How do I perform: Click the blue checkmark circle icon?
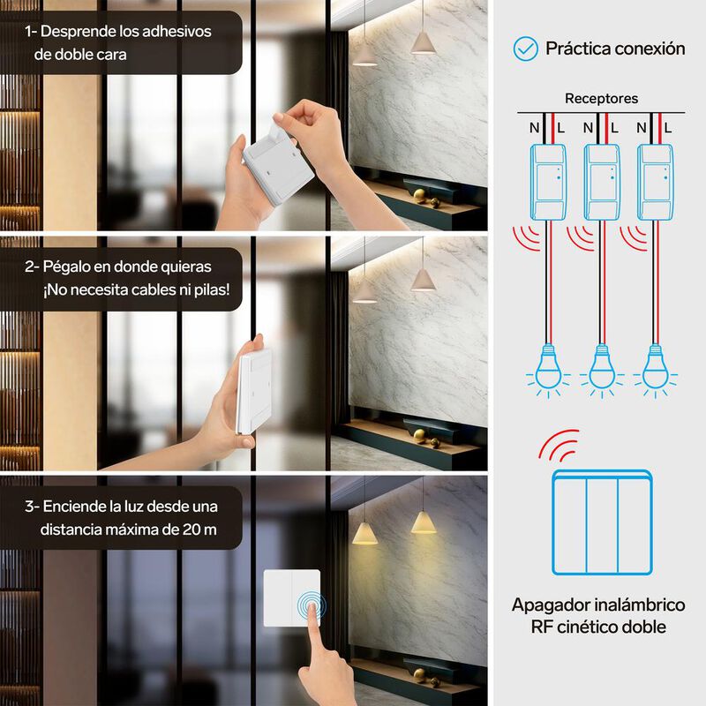click(x=525, y=49)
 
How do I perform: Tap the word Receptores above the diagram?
click(x=601, y=99)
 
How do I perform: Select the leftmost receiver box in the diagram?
click(x=548, y=182)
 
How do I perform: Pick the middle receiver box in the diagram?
click(x=602, y=182)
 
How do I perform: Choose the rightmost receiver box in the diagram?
click(x=655, y=182)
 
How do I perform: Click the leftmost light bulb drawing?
click(x=548, y=371)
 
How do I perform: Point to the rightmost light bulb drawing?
click(x=655, y=371)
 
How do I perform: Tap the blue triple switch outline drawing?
click(x=602, y=522)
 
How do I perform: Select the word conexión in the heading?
click(x=650, y=49)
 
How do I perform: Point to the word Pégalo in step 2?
click(x=67, y=267)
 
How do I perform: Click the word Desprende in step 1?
click(x=79, y=32)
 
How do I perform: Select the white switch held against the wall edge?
click(x=254, y=391)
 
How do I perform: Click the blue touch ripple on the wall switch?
click(x=312, y=605)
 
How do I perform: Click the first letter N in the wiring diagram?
click(x=535, y=128)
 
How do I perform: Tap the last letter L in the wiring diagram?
click(x=668, y=128)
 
